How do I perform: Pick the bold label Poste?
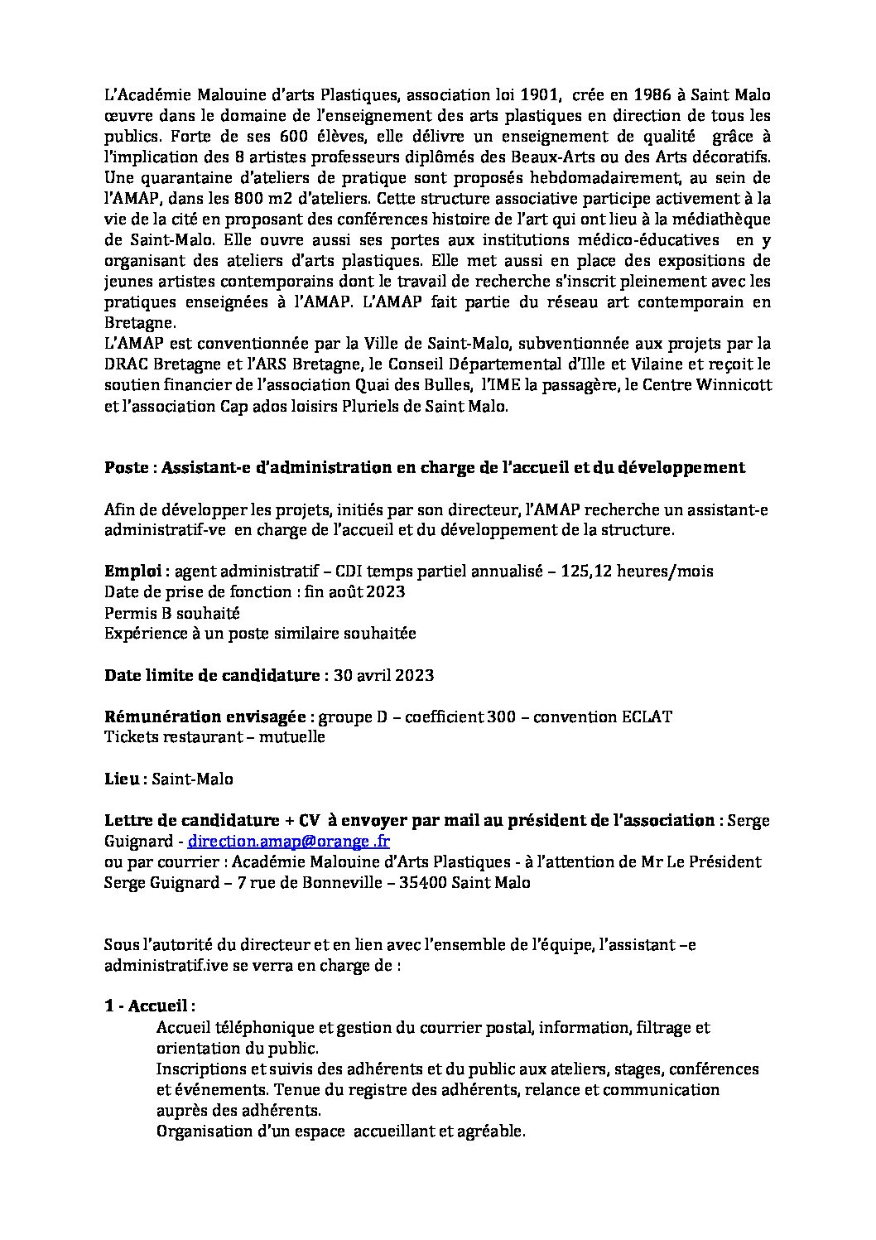click(x=128, y=467)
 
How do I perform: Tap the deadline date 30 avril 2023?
click(x=384, y=675)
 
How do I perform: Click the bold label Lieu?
click(x=121, y=779)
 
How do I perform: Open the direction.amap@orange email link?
click(x=289, y=842)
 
